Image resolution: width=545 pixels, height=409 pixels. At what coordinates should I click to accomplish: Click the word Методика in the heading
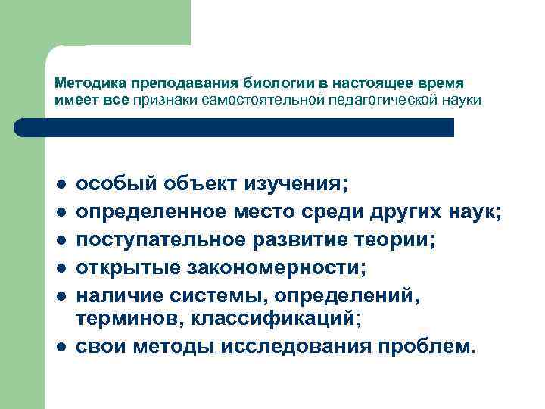(81, 83)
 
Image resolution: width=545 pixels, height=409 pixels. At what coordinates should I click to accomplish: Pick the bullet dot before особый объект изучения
(60, 185)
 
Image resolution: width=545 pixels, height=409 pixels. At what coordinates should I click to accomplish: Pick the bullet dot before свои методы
(60, 348)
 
